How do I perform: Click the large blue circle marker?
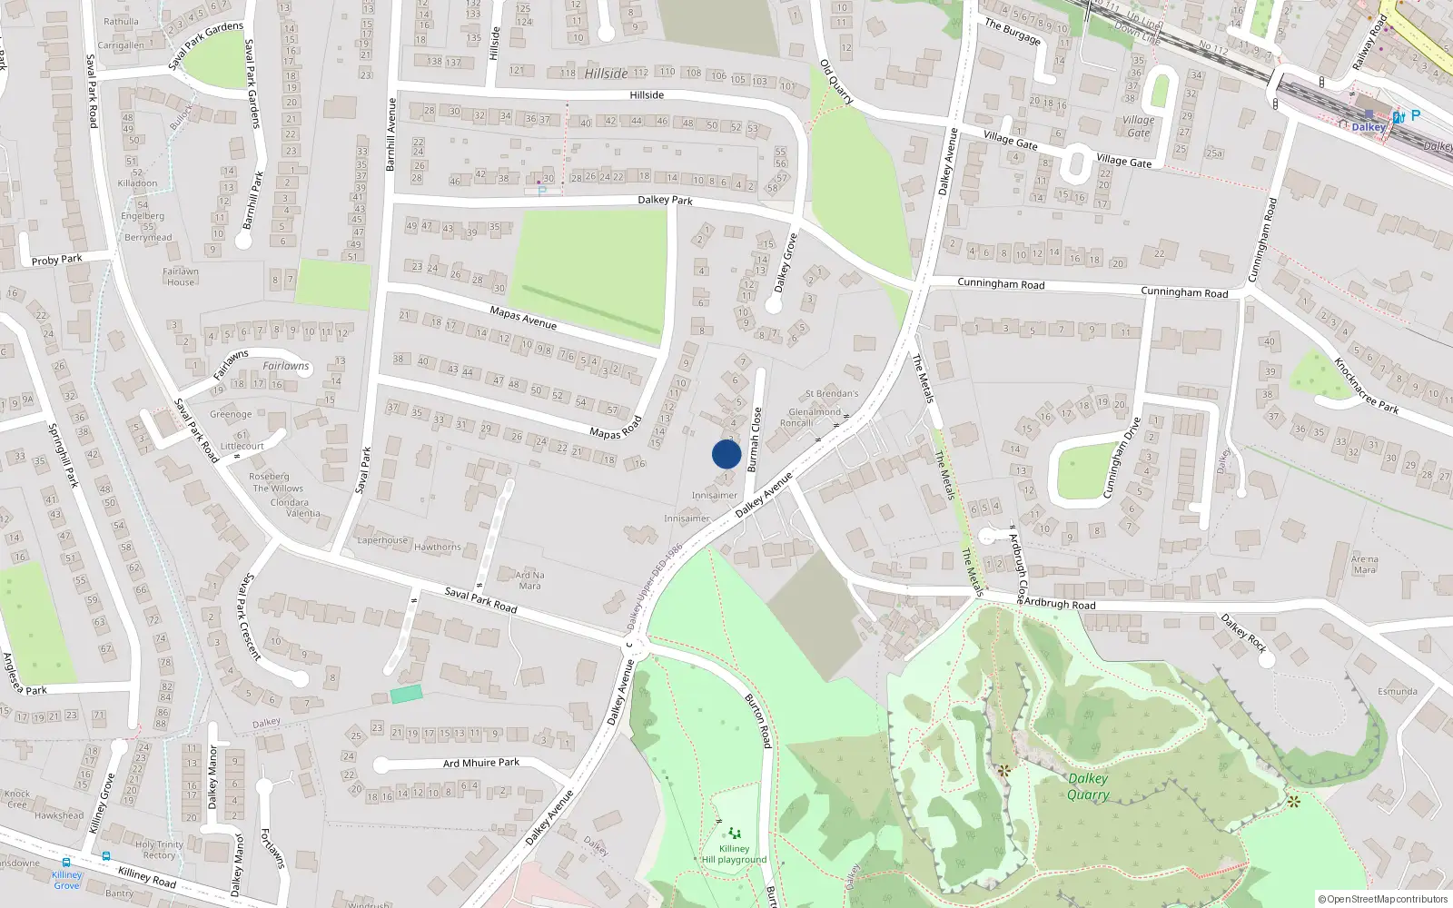[726, 454]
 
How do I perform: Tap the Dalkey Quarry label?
[1088, 786]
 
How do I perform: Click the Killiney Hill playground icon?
[734, 833]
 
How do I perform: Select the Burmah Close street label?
[754, 440]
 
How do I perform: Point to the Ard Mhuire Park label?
[481, 763]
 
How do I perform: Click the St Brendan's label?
[832, 394]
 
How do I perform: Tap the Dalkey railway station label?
[1368, 127]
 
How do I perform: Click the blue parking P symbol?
[1415, 116]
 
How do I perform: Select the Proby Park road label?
[56, 260]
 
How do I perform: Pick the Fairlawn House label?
[181, 277]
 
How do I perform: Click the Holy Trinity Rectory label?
[159, 850]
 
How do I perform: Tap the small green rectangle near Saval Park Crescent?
[406, 695]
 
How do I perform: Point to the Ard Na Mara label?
[529, 580]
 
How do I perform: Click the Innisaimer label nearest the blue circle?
[715, 496]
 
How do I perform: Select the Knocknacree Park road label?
[1366, 385]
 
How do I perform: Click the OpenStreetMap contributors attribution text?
[1387, 900]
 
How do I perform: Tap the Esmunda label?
[1397, 692]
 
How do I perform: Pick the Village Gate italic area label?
[1138, 126]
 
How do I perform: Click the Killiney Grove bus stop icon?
[66, 863]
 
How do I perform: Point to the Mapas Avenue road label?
[523, 318]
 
